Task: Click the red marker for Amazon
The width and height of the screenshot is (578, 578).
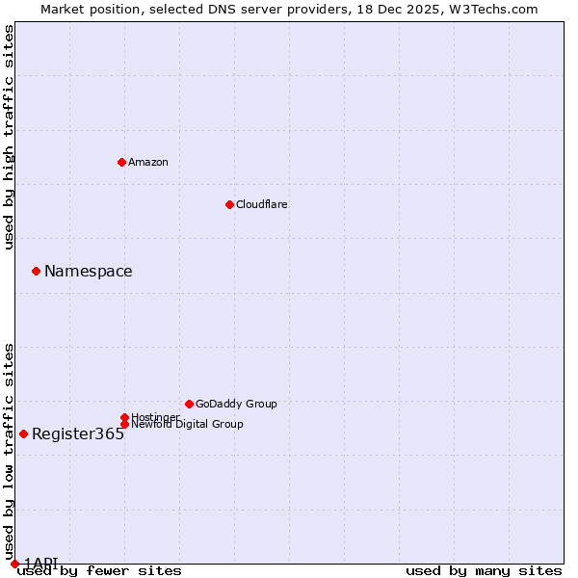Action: click(x=121, y=162)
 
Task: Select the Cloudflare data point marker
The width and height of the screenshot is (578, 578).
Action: click(x=229, y=204)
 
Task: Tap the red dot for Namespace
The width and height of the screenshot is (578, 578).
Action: click(x=36, y=271)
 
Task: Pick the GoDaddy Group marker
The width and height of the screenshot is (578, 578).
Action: click(x=189, y=404)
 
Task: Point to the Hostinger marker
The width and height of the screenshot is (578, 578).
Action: click(x=124, y=417)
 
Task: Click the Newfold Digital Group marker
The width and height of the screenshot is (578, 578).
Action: click(x=124, y=424)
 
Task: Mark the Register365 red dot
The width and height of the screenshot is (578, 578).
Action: click(x=23, y=433)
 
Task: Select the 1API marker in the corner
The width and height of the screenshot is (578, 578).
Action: click(x=14, y=564)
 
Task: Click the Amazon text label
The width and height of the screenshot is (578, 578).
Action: click(x=148, y=162)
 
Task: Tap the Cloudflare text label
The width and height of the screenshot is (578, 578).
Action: click(x=262, y=204)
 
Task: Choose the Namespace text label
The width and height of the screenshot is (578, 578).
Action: click(x=89, y=271)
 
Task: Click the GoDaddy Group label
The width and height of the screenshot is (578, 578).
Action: click(x=236, y=404)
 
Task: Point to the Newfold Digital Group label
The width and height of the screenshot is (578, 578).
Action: click(x=187, y=424)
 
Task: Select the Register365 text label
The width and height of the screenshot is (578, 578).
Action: click(x=78, y=433)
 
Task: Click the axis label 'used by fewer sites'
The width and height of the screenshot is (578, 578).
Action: click(x=99, y=570)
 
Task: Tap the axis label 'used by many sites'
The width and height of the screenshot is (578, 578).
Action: click(x=484, y=570)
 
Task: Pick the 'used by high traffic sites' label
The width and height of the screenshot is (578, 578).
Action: click(x=9, y=137)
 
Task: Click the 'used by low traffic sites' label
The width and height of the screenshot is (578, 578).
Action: click(x=9, y=451)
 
